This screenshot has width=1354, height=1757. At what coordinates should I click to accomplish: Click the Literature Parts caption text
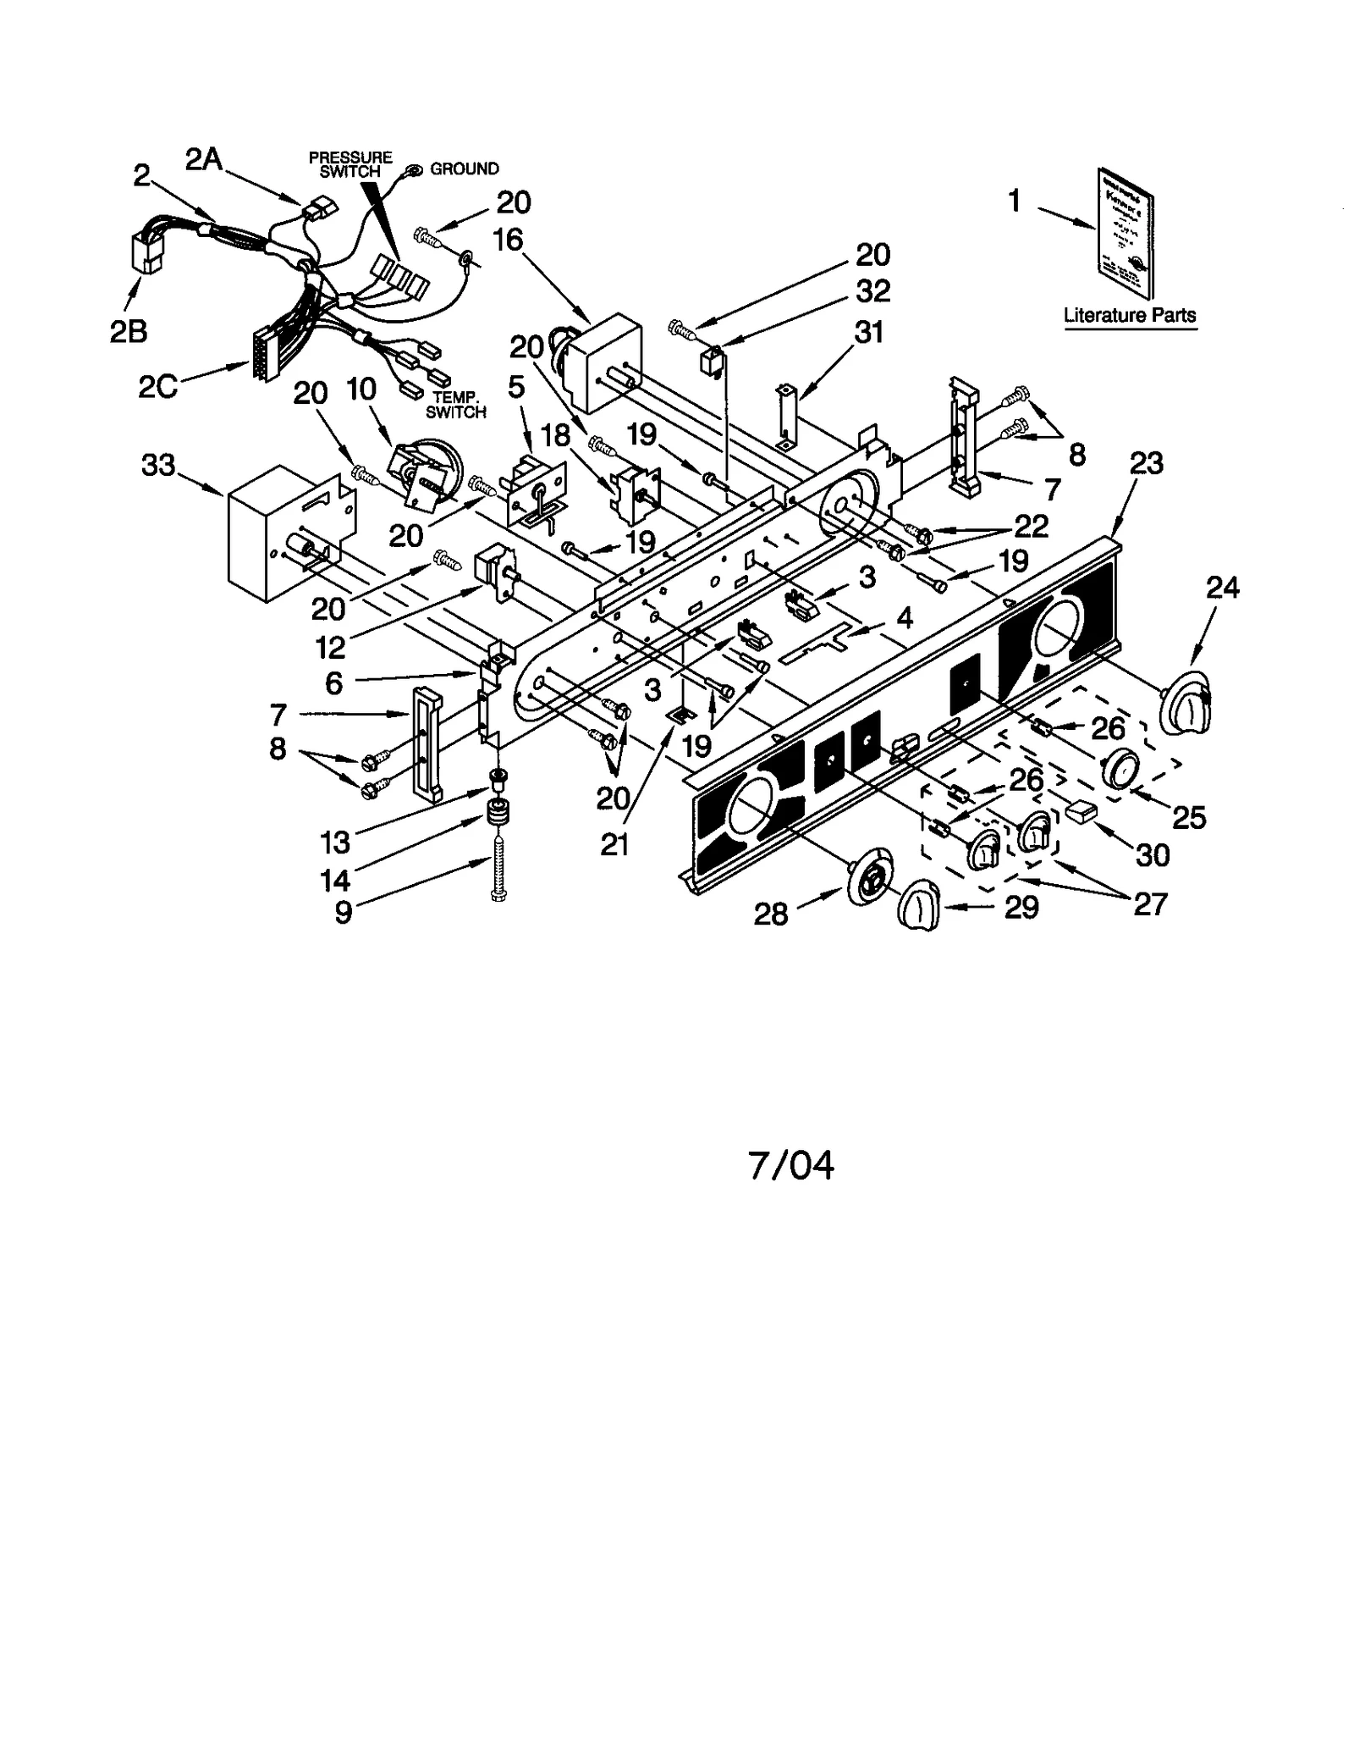click(1129, 316)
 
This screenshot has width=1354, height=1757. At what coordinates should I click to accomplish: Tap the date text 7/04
click(790, 1165)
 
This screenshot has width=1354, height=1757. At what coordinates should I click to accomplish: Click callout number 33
click(158, 465)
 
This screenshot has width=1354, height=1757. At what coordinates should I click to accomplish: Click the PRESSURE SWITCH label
click(350, 164)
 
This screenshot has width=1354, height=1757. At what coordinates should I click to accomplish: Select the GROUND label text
click(465, 169)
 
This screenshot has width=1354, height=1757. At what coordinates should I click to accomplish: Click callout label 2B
click(129, 332)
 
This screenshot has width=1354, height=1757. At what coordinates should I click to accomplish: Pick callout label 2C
click(157, 386)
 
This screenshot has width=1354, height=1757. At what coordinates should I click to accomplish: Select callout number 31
click(867, 332)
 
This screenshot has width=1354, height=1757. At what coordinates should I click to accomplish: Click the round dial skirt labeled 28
click(867, 885)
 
